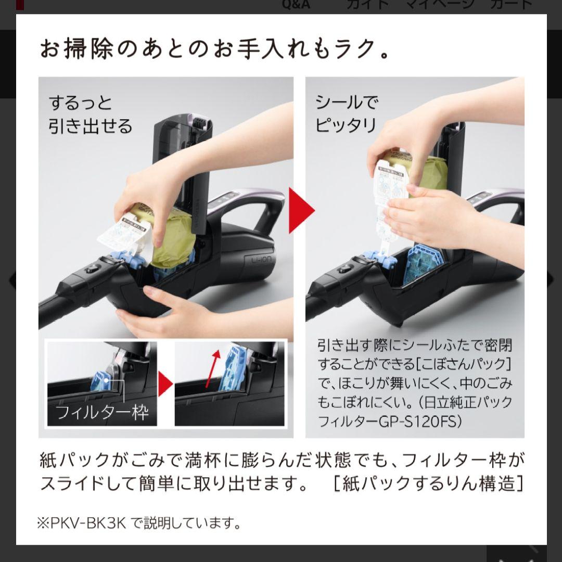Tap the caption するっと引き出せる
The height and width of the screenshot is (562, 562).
point(91,114)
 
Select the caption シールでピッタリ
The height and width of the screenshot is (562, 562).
point(347,114)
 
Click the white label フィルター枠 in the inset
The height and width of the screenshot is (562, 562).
point(101,413)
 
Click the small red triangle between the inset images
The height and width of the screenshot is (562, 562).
point(165,384)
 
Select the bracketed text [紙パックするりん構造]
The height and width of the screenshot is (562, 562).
point(427,483)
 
